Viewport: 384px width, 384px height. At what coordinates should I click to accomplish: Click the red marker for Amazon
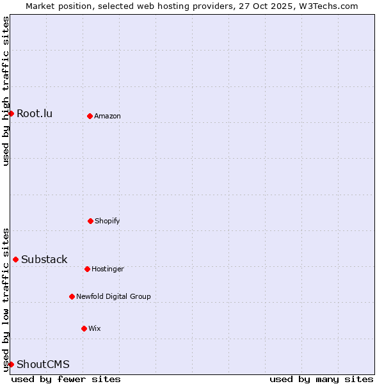pyautogui.click(x=90, y=116)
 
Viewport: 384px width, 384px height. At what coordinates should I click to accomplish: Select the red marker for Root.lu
pyautogui.click(x=11, y=113)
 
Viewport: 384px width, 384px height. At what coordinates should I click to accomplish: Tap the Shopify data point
pyautogui.click(x=90, y=221)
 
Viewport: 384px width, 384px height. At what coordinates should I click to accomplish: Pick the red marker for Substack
pyautogui.click(x=15, y=259)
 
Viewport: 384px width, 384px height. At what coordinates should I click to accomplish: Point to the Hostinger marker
pyautogui.click(x=87, y=269)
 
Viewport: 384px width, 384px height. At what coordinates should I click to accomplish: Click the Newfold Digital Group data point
pyautogui.click(x=72, y=296)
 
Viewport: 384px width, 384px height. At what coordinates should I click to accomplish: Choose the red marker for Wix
pyautogui.click(x=84, y=328)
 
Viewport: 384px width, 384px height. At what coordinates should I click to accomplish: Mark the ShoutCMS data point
pyautogui.click(x=11, y=364)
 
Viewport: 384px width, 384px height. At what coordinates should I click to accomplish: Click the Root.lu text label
pyautogui.click(x=35, y=114)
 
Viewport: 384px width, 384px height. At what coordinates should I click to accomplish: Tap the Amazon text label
pyautogui.click(x=108, y=116)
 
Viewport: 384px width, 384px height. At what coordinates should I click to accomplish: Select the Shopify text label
pyautogui.click(x=108, y=221)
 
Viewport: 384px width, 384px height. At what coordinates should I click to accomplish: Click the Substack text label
pyautogui.click(x=44, y=260)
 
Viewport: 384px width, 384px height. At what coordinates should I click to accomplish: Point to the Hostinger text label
pyautogui.click(x=108, y=269)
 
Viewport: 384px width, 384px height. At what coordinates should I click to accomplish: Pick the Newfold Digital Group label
pyautogui.click(x=113, y=297)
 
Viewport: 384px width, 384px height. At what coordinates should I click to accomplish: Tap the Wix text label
pyautogui.click(x=95, y=329)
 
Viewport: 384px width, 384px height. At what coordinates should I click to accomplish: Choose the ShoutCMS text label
pyautogui.click(x=43, y=365)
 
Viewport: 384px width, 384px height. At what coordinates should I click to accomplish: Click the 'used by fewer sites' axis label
pyautogui.click(x=66, y=379)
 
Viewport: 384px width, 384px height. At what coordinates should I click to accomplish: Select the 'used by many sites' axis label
pyautogui.click(x=321, y=379)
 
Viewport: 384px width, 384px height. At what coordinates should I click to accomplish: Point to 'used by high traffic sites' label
pyautogui.click(x=6, y=91)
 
